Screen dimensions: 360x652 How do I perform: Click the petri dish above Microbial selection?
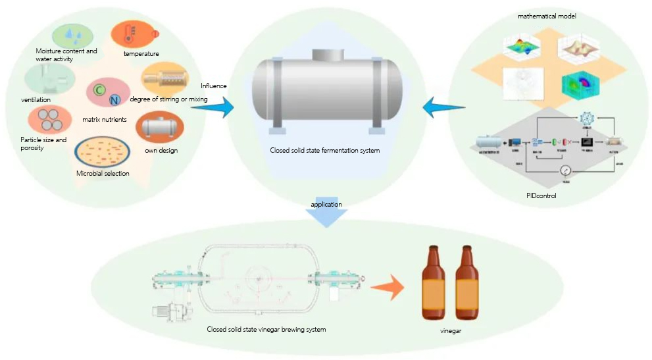click(x=101, y=153)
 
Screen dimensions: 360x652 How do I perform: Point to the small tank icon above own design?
click(x=159, y=126)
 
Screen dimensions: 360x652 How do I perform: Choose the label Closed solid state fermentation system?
click(x=325, y=151)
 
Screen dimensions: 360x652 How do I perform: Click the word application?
click(x=326, y=205)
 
